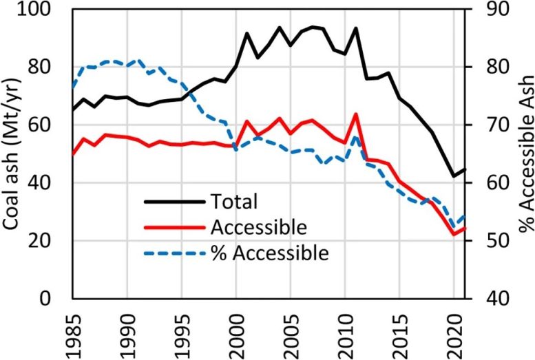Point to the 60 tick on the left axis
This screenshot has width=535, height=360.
click(x=48, y=125)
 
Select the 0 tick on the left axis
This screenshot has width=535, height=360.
click(x=54, y=299)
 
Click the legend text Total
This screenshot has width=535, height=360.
click(x=234, y=202)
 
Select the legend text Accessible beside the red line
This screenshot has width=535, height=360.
click(x=260, y=227)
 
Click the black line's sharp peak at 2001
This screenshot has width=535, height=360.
click(x=247, y=33)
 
